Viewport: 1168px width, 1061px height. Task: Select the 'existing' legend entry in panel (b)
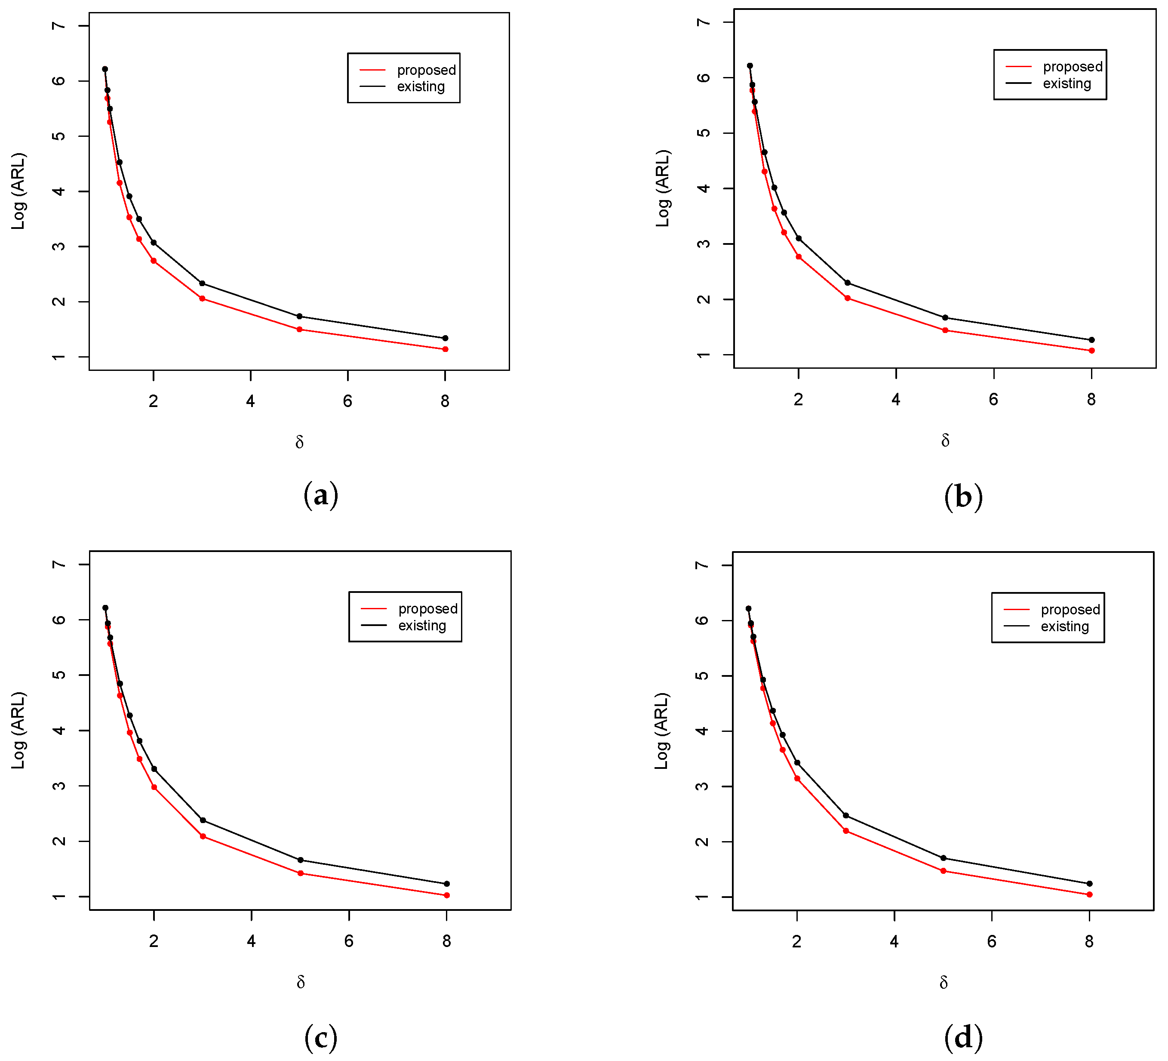point(1067,83)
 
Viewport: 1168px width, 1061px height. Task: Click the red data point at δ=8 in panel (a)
point(445,349)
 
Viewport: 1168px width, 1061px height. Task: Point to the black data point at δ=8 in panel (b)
point(1091,340)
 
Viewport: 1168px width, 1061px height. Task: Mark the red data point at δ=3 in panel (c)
point(203,836)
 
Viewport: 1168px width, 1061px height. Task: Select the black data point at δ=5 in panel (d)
point(943,858)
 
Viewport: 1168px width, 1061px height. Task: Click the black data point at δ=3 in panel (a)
point(202,284)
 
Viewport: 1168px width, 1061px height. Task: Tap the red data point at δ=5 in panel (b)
point(945,330)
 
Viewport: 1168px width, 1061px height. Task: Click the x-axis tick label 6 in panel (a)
point(347,401)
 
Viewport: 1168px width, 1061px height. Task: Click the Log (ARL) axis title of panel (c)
point(18,731)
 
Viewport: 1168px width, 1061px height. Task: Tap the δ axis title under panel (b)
point(945,441)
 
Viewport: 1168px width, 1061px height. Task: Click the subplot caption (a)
point(320,496)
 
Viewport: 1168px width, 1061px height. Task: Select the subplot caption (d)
point(963,1036)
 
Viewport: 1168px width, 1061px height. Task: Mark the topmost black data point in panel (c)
point(105,608)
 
